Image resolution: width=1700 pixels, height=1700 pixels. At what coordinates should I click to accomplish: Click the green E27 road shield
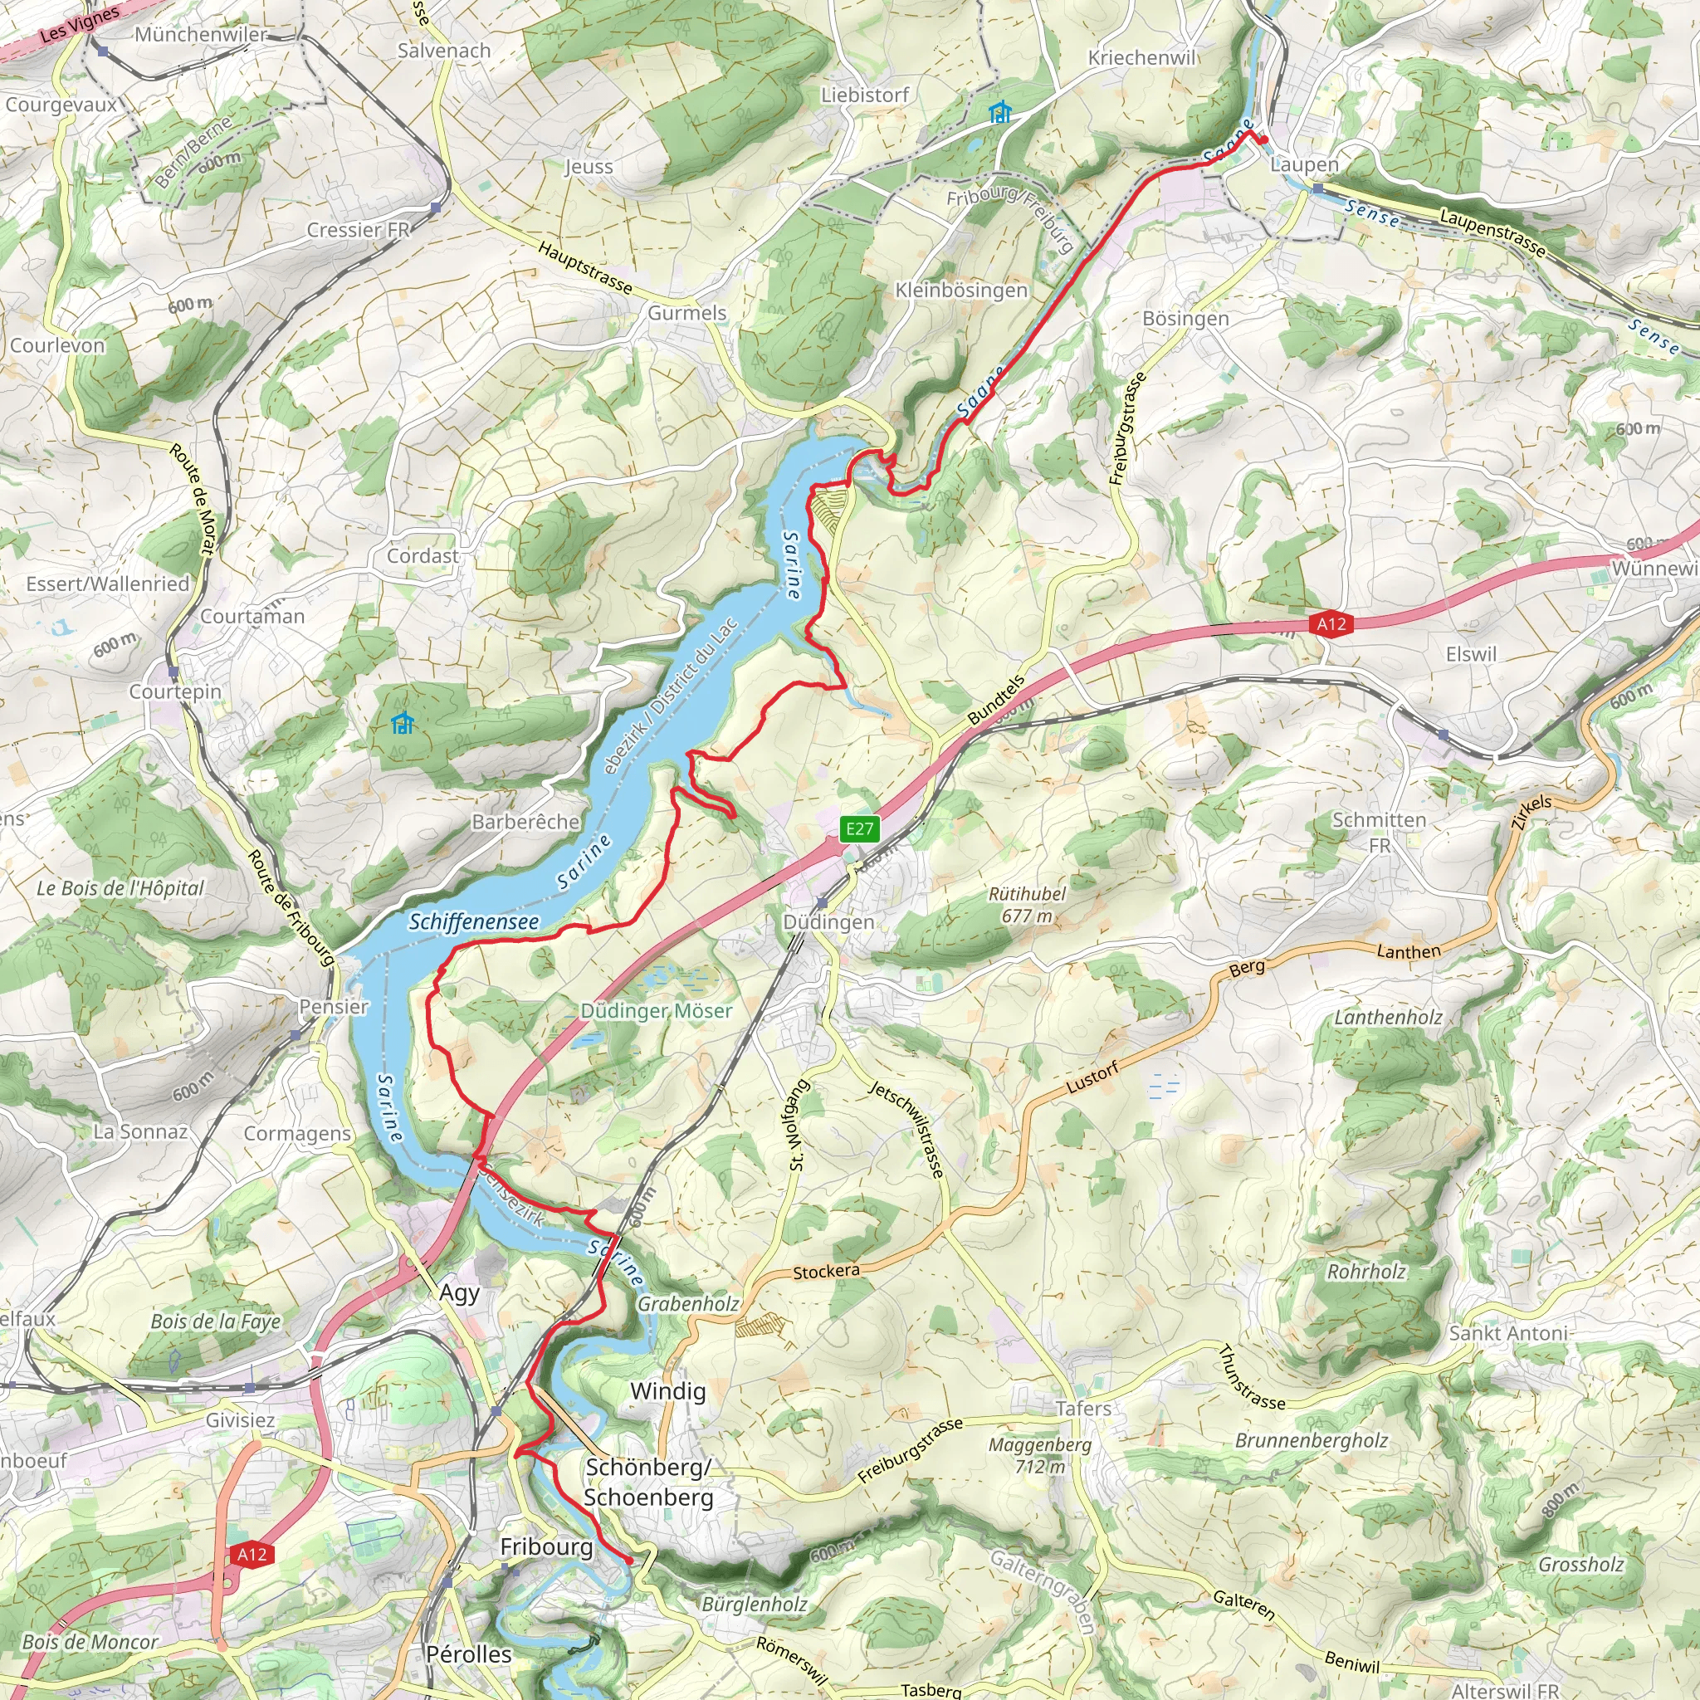point(860,828)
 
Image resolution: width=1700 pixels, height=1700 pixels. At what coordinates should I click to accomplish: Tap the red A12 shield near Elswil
point(1331,624)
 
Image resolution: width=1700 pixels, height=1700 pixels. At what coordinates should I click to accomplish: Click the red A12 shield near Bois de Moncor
point(252,1554)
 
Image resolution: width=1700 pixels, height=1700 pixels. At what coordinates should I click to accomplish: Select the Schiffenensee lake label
point(473,921)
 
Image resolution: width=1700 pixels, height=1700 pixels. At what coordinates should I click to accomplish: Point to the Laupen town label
point(1304,164)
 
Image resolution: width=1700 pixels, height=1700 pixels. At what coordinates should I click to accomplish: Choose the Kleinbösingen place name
point(961,290)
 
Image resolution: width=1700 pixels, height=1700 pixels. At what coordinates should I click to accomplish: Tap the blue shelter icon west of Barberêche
point(403,723)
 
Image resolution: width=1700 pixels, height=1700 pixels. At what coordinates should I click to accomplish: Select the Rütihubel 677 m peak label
point(1026,905)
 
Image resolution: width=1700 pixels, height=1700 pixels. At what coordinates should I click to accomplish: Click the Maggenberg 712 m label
point(1039,1455)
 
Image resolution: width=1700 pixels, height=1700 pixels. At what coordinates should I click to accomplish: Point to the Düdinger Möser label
point(656,1011)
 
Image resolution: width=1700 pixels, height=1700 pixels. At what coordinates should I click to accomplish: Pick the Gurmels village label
point(686,312)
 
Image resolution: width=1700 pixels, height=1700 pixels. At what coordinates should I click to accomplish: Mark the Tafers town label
point(1082,1409)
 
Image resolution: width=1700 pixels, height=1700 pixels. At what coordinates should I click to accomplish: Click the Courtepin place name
point(175,691)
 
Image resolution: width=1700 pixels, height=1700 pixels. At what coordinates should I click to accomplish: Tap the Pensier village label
point(334,1006)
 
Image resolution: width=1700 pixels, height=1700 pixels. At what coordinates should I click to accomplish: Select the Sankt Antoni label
point(1508,1332)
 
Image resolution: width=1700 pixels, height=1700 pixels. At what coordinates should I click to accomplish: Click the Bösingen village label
point(1185,318)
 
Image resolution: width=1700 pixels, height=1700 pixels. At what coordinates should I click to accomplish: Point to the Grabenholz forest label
point(688,1303)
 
